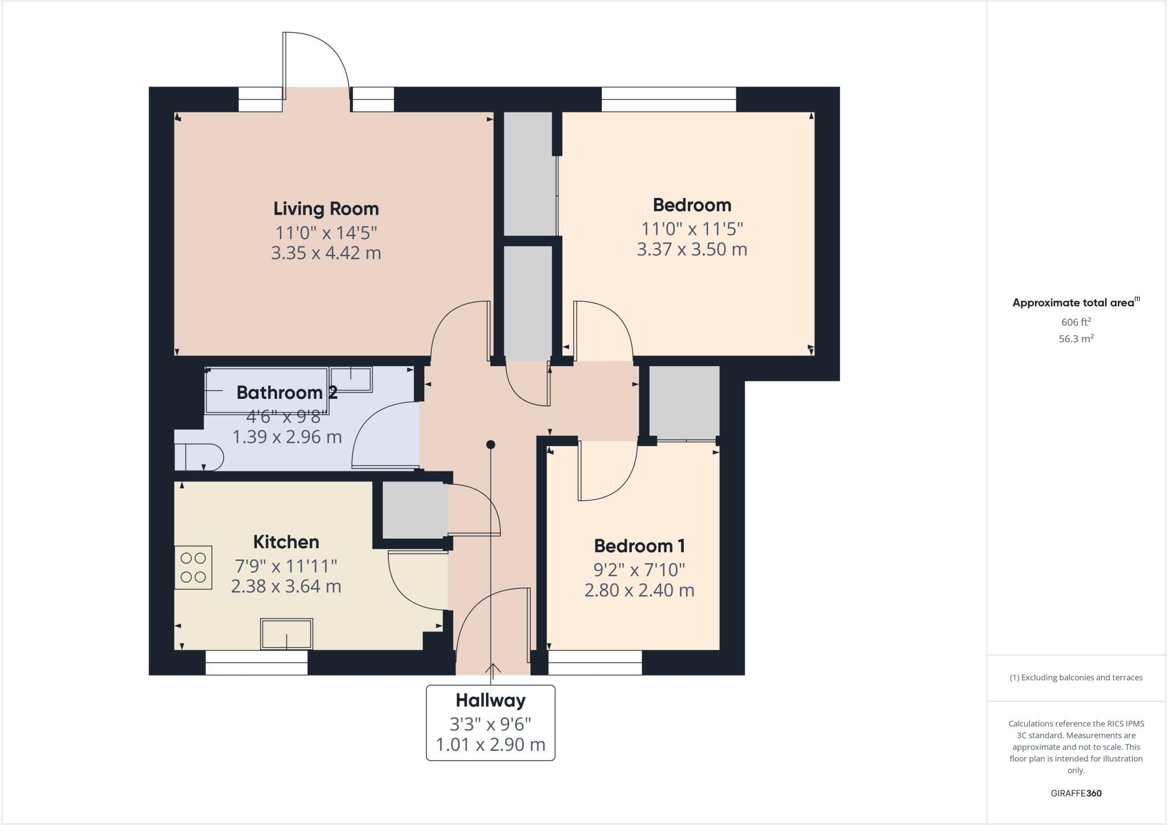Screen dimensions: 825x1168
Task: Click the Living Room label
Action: coord(326,209)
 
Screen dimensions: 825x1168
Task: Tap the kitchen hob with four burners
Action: coord(193,568)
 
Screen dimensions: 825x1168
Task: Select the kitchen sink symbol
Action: coord(286,633)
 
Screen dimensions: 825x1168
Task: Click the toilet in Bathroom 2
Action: coord(200,457)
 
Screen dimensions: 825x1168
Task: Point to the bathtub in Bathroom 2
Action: coord(266,391)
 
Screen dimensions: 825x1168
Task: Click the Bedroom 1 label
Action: coord(639,546)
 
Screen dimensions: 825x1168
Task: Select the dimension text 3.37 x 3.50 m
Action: coord(691,250)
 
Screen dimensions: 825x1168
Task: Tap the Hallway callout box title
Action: coord(490,700)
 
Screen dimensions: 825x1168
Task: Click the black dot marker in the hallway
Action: coord(490,444)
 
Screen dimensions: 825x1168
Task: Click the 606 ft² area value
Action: coord(1076,322)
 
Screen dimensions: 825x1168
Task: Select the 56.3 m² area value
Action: coord(1076,339)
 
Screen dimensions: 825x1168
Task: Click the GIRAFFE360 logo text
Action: coord(1076,793)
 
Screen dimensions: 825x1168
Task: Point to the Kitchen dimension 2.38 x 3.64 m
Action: coord(286,587)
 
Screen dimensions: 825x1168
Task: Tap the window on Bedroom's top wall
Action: coord(668,99)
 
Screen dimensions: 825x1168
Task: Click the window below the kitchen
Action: coord(256,662)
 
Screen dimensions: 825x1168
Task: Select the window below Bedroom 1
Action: coord(595,662)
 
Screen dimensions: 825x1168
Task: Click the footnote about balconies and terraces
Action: coord(1076,678)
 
